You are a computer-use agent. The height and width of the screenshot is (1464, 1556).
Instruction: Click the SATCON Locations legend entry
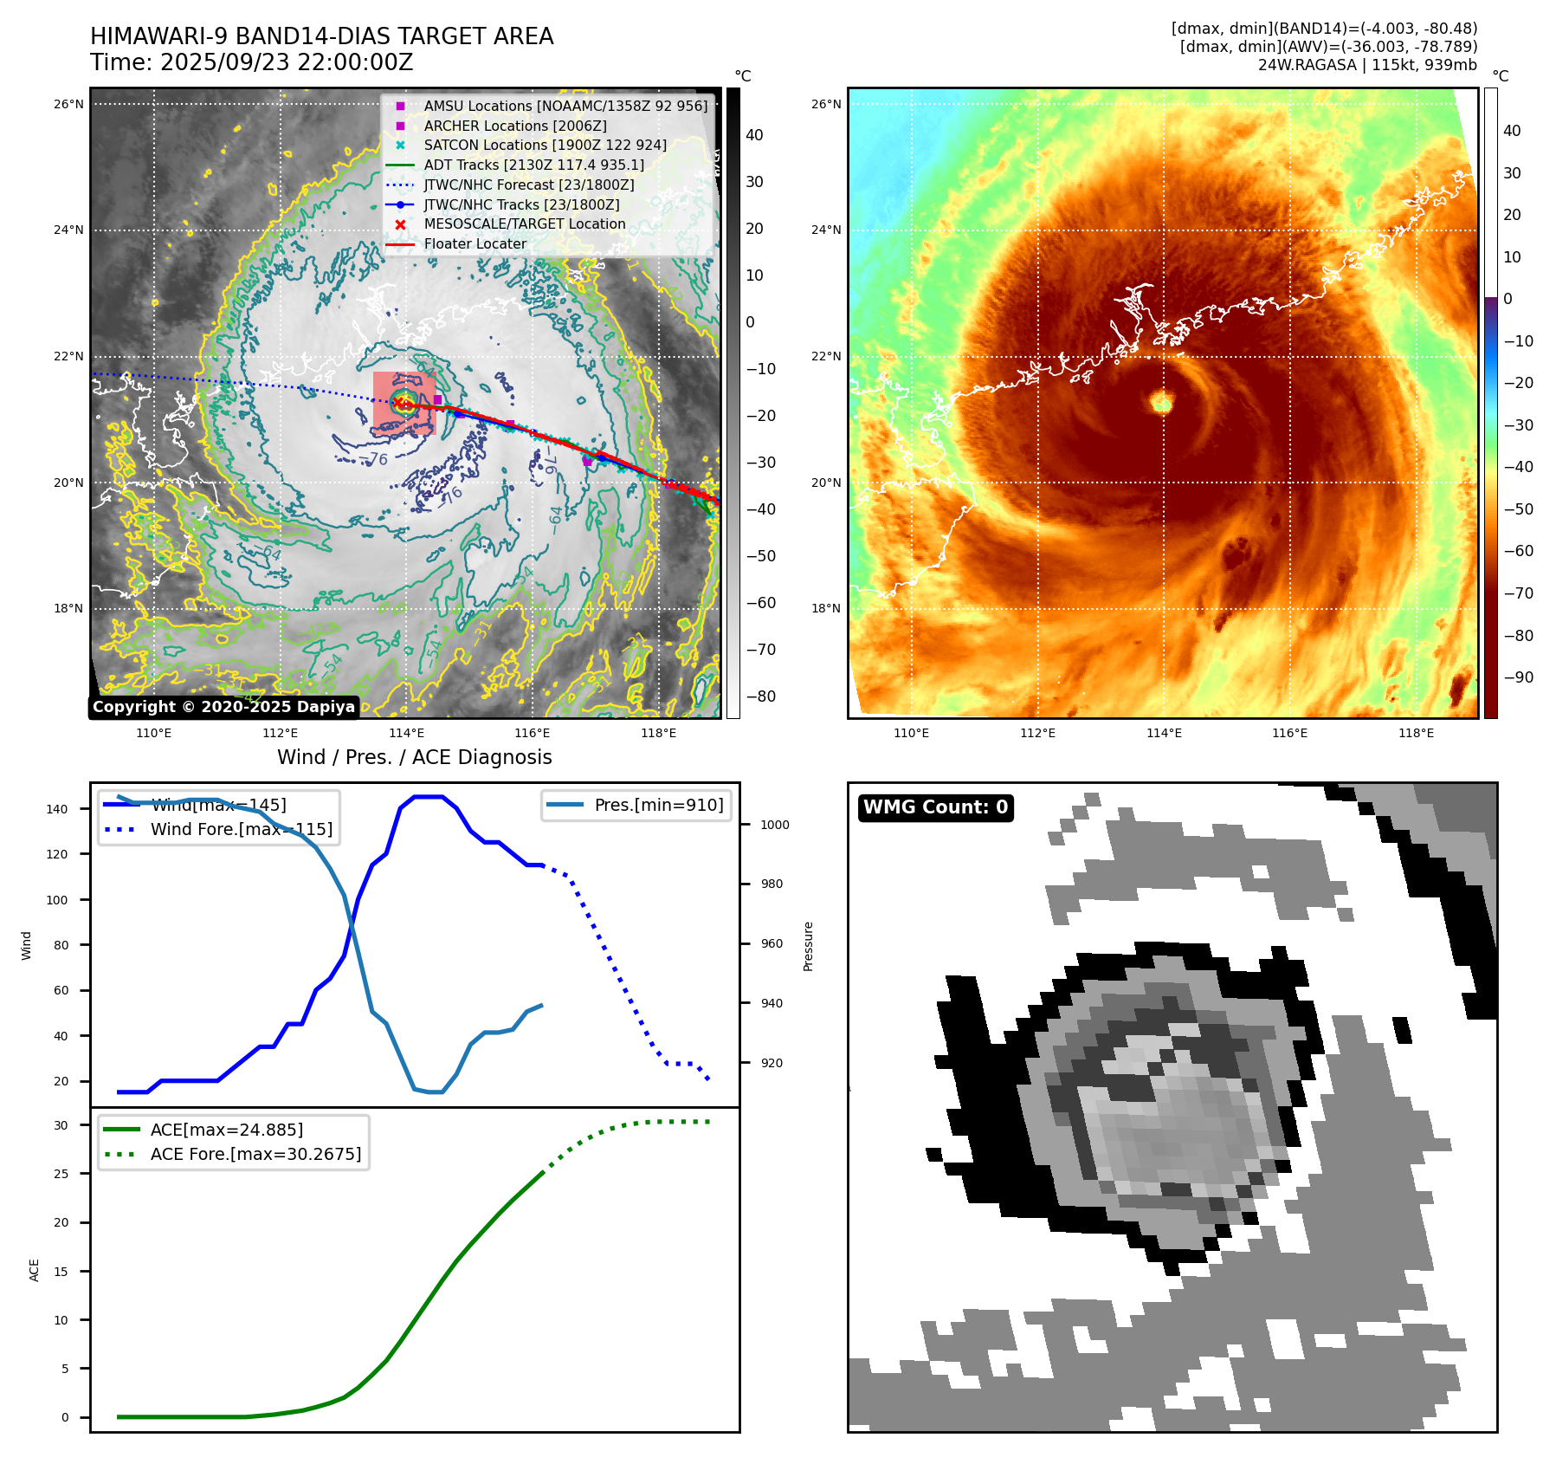coord(545,145)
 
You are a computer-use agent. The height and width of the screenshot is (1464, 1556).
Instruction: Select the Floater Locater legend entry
coord(475,243)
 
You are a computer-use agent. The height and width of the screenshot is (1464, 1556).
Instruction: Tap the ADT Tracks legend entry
coord(533,165)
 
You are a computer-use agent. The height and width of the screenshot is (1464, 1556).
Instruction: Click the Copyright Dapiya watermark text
coord(223,707)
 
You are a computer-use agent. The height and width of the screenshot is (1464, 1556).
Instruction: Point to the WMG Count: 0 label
coord(935,807)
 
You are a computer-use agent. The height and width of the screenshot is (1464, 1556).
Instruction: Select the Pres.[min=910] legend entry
coord(658,805)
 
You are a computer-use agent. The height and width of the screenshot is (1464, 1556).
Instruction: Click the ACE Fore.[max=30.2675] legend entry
coord(255,1154)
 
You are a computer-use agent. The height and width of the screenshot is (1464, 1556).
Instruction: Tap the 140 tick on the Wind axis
coord(57,809)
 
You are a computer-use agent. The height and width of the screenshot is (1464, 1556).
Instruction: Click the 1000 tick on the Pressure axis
coord(774,825)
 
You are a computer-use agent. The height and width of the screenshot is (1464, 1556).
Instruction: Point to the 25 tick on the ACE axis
coord(61,1174)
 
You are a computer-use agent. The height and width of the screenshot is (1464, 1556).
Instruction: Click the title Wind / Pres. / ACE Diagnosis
coord(414,757)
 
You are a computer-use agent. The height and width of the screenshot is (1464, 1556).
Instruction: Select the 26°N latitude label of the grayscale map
coord(68,105)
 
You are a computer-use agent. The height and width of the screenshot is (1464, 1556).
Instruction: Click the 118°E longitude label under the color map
coord(1416,733)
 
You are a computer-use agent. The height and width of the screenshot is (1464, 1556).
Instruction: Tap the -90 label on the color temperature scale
coord(1518,677)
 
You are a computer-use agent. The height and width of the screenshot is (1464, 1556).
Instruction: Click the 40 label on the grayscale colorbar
coord(754,135)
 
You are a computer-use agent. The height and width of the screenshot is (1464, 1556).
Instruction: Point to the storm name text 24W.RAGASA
coord(1307,65)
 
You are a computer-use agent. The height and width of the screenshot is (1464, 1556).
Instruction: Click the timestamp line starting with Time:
coord(251,62)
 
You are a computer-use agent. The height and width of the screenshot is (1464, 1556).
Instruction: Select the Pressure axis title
coord(808,946)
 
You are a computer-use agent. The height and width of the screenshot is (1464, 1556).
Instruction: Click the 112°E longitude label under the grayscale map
coord(280,733)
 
